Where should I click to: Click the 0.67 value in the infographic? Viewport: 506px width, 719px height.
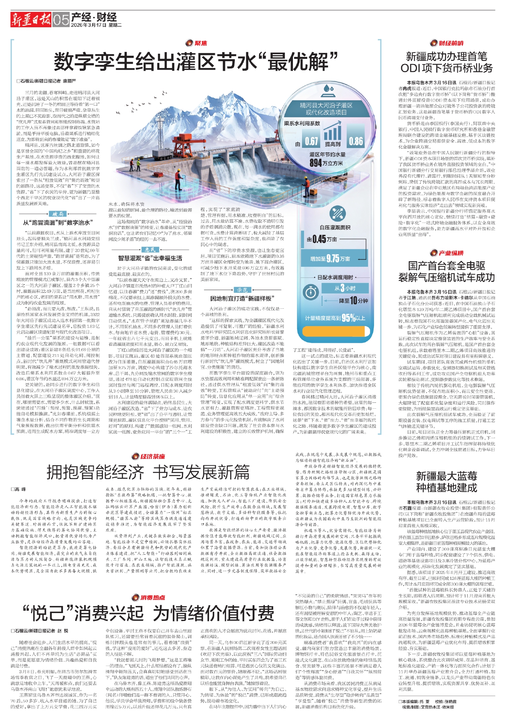(311, 142)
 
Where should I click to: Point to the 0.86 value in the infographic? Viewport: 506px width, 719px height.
(355, 142)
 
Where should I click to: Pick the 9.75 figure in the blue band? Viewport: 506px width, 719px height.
(332, 259)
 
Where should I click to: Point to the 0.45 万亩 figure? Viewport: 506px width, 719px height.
(321, 239)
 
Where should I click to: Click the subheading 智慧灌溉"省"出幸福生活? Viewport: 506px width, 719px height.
(150, 258)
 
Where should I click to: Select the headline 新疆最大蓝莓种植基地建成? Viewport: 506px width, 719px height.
(446, 481)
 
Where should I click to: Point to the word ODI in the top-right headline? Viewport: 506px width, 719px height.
(412, 68)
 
